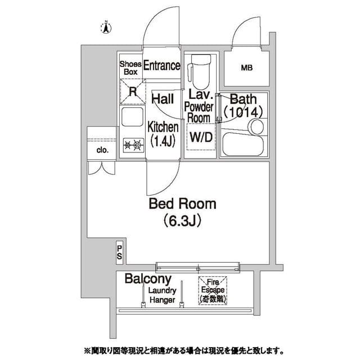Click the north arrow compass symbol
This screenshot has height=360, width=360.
tap(105, 26)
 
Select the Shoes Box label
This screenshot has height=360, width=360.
tap(129, 67)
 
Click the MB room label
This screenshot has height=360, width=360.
tap(246, 69)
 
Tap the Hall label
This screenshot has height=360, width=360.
tap(163, 100)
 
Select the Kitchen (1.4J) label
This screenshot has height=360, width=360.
tap(163, 134)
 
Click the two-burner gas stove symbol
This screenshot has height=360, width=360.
tap(134, 145)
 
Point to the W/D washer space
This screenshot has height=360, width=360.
tap(200, 137)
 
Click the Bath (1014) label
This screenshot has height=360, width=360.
tap(243, 106)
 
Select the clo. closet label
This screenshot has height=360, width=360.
tap(102, 150)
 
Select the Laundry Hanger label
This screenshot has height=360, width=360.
tap(163, 295)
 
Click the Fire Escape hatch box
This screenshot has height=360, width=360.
tap(211, 291)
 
